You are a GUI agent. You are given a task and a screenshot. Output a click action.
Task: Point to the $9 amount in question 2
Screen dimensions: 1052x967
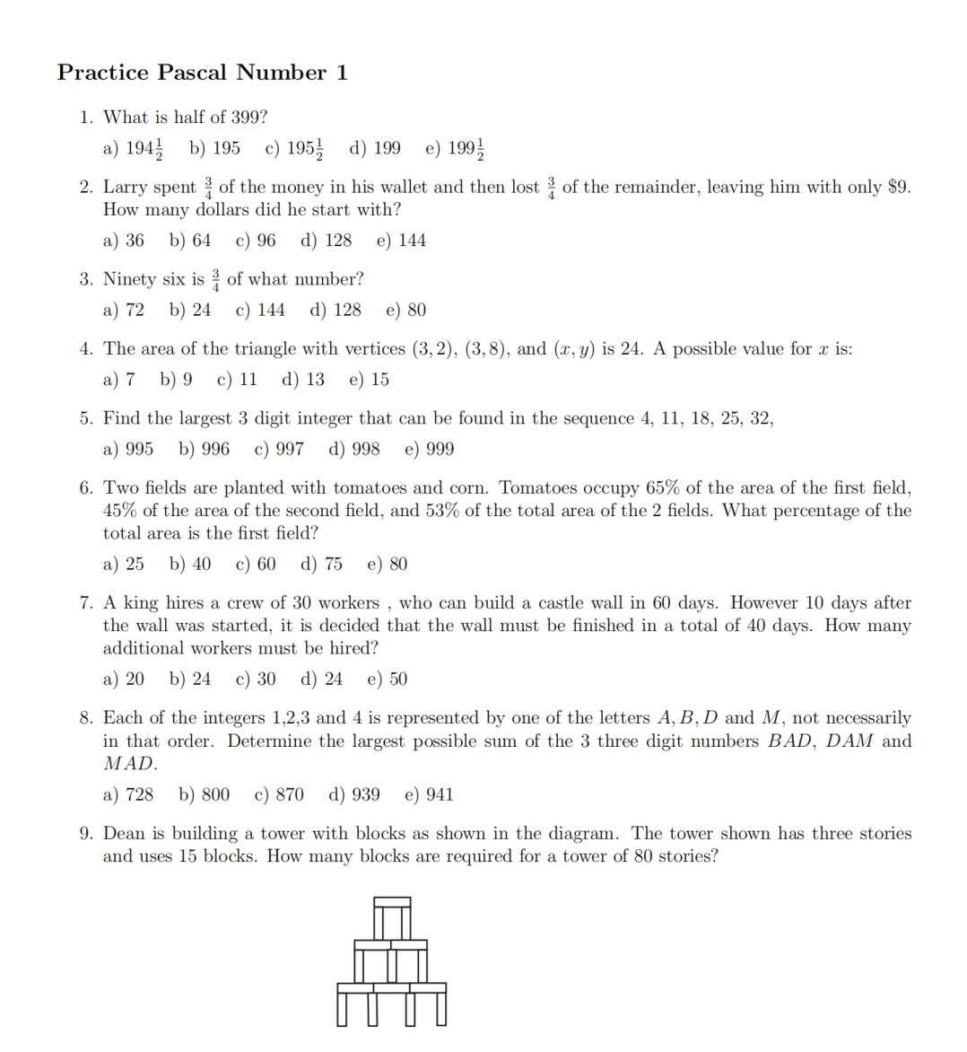(897, 187)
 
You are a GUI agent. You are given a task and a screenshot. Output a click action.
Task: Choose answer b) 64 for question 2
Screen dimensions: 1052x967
(190, 241)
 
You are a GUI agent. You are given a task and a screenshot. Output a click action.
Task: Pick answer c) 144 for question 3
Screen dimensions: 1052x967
(260, 311)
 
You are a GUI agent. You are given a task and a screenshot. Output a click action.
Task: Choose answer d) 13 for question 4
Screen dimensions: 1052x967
(304, 380)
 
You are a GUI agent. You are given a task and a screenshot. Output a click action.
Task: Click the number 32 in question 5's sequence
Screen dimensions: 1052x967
(761, 418)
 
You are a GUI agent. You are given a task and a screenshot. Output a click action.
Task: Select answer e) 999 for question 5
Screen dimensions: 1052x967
(430, 449)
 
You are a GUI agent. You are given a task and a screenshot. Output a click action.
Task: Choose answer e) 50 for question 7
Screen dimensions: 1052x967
(388, 679)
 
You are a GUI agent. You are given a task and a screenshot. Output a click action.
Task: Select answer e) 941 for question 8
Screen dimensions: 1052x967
(430, 795)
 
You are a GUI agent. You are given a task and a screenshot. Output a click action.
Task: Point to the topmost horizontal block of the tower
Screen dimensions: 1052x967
(392, 901)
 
